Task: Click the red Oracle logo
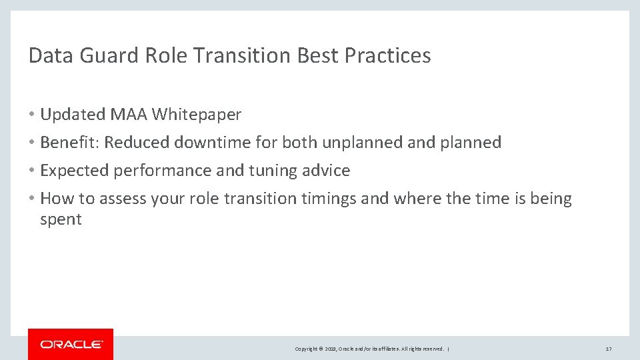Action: [71, 344]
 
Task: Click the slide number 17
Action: [608, 349]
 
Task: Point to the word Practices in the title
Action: [388, 56]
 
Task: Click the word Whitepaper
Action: [197, 115]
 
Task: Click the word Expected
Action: [75, 171]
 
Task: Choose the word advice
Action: [327, 171]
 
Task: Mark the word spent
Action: [61, 220]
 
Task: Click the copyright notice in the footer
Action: [371, 349]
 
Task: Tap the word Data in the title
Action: [51, 56]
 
